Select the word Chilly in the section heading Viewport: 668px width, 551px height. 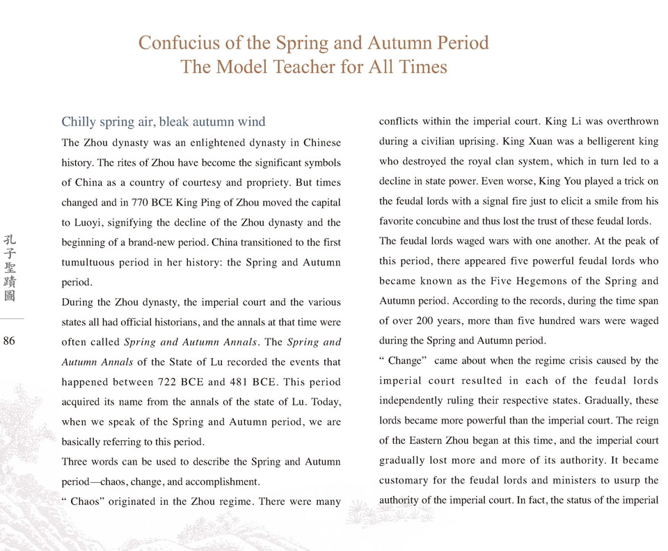tap(79, 123)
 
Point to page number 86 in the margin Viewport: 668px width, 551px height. tap(10, 340)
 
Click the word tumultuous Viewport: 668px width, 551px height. tap(93, 263)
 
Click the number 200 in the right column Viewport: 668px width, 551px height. tap(426, 322)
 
